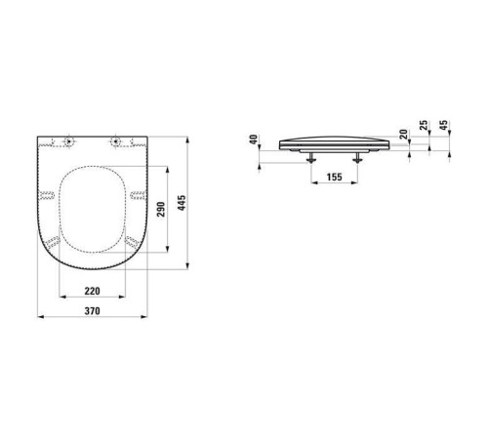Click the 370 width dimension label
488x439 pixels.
coord(93,311)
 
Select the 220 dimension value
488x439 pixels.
coord(93,291)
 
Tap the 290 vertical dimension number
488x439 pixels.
coord(161,209)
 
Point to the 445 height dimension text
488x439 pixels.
coord(182,203)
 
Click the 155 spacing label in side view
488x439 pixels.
coord(335,177)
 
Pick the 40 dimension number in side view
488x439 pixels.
coord(254,140)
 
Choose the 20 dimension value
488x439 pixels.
coord(403,134)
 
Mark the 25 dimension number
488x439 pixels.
coord(424,125)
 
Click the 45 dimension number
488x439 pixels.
coord(444,125)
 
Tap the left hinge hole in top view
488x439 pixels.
coord(68,141)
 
